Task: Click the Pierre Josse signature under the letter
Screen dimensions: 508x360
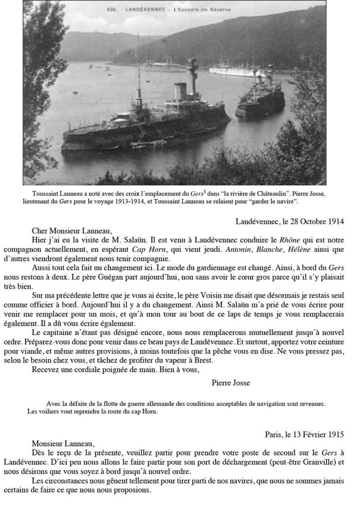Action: tap(230, 383)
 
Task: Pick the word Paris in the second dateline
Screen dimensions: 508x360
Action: tap(274, 435)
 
